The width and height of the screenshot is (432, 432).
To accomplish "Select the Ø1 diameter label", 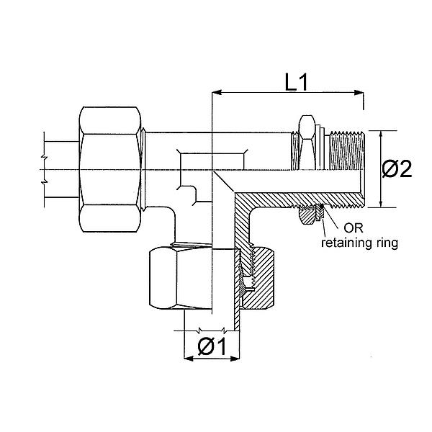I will (x=212, y=347).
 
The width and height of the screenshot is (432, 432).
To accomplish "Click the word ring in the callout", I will (x=383, y=243).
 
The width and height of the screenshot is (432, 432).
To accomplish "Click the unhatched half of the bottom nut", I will (x=181, y=276).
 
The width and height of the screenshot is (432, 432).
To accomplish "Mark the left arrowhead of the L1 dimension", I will (x=217, y=92).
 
